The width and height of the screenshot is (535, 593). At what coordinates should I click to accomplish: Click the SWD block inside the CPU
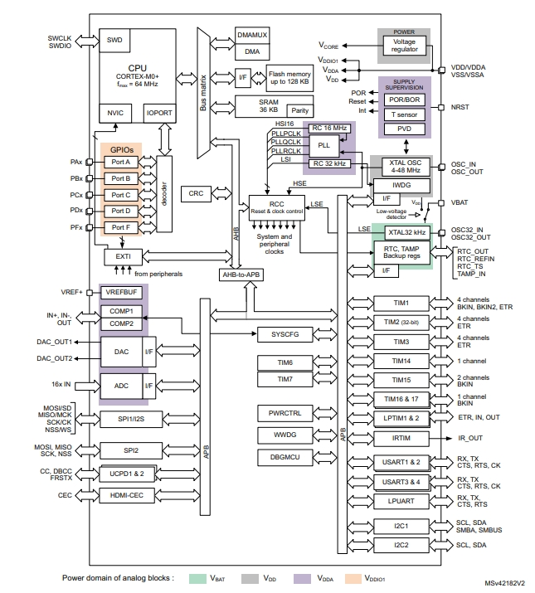[x=114, y=40]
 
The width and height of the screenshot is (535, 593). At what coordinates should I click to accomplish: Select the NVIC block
[x=114, y=112]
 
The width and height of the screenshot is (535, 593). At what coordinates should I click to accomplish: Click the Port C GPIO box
[x=121, y=194]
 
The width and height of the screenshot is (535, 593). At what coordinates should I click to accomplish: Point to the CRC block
[x=196, y=192]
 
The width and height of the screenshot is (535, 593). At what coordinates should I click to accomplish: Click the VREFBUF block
[x=120, y=293]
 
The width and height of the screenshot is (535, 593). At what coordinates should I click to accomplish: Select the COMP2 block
[x=121, y=323]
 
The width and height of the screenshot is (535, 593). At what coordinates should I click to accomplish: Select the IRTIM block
[x=401, y=438]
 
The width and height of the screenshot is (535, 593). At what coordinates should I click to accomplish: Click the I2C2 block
[x=401, y=545]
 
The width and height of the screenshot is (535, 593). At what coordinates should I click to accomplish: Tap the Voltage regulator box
[x=405, y=45]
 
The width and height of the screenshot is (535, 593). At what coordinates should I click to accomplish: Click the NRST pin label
[x=460, y=108]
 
